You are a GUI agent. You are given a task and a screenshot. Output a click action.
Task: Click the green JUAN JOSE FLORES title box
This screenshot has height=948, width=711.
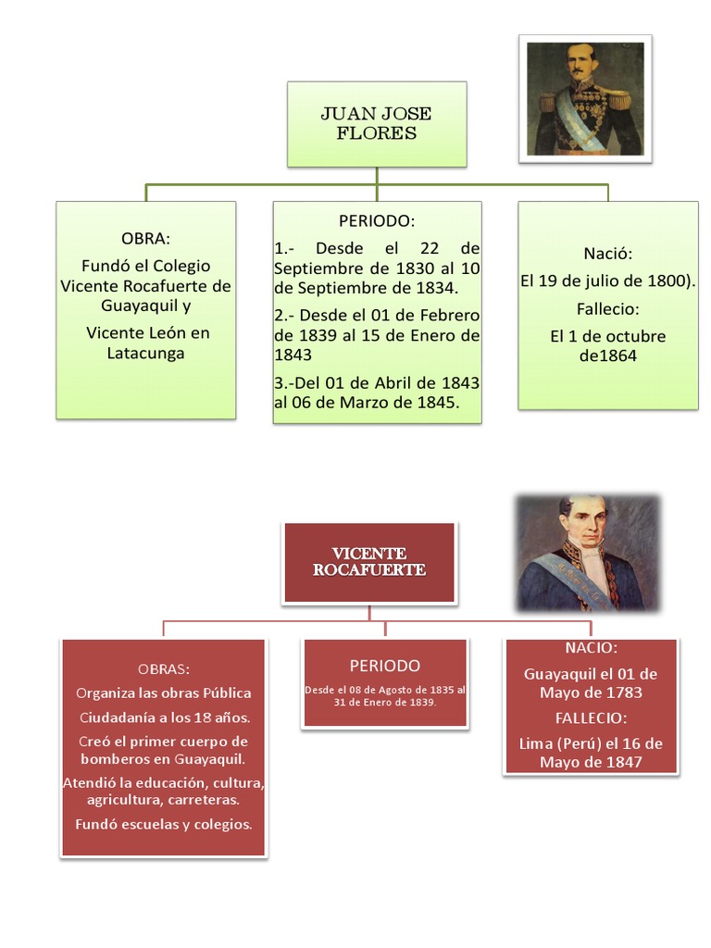[x=376, y=124]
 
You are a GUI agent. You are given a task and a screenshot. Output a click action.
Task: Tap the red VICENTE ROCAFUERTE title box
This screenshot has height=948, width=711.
[x=369, y=562]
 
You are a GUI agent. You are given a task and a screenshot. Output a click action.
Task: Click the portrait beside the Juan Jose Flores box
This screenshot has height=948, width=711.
[x=585, y=98]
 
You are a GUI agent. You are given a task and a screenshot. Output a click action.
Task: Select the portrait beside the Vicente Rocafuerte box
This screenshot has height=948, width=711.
[x=588, y=554]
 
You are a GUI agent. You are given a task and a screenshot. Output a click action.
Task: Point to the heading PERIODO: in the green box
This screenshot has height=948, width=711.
[x=377, y=222]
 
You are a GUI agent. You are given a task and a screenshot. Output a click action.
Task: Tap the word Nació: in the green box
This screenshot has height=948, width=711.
[x=607, y=254]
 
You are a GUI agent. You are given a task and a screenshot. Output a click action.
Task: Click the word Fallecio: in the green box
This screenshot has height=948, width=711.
[x=607, y=309]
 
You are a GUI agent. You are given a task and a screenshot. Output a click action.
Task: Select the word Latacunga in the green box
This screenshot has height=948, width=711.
[x=145, y=354]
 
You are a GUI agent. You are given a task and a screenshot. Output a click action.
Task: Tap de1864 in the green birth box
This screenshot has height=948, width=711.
[x=607, y=355]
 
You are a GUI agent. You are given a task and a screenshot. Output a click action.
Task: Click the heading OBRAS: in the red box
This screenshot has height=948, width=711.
[x=164, y=668]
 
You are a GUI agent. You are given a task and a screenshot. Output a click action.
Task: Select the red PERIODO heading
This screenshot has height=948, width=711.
[x=384, y=666]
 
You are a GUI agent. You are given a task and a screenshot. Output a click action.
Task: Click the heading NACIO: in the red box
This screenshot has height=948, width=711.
[x=591, y=648]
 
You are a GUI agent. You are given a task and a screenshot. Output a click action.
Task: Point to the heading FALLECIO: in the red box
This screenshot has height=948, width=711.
[x=591, y=718]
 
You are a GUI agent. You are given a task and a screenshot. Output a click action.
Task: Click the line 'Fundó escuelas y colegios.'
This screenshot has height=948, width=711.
[x=164, y=824]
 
